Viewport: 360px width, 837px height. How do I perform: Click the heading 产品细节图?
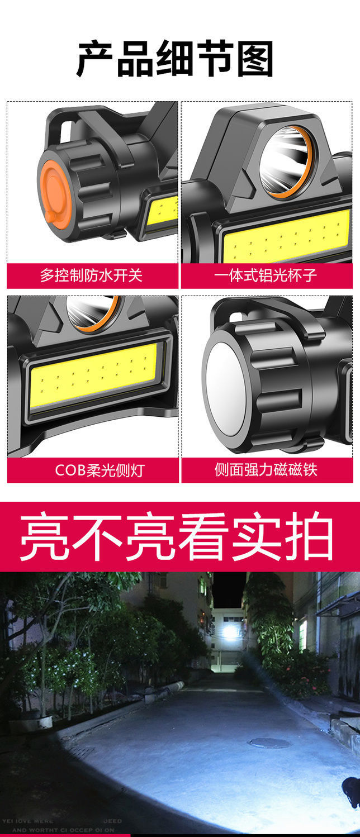175,59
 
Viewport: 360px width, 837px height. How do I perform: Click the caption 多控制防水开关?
91,275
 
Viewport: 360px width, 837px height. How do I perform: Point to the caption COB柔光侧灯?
99,470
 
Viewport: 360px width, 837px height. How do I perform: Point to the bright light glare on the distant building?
229,632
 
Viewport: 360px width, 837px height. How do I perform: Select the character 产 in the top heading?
96,59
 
